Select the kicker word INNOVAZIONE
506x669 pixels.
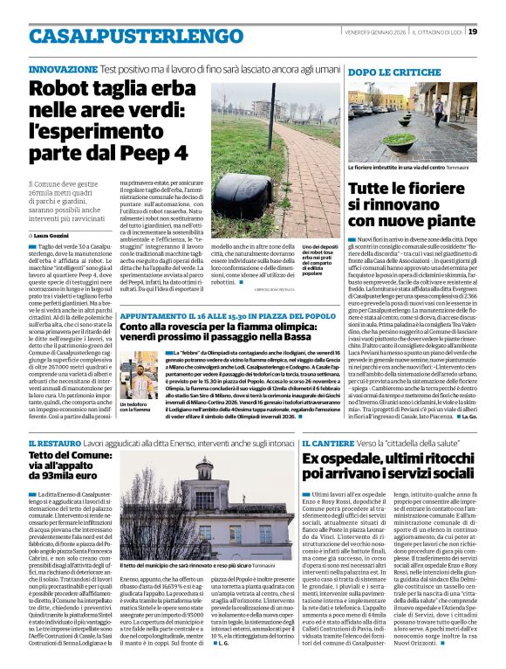[x=62, y=68]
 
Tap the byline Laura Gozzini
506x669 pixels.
[x=58, y=236]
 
